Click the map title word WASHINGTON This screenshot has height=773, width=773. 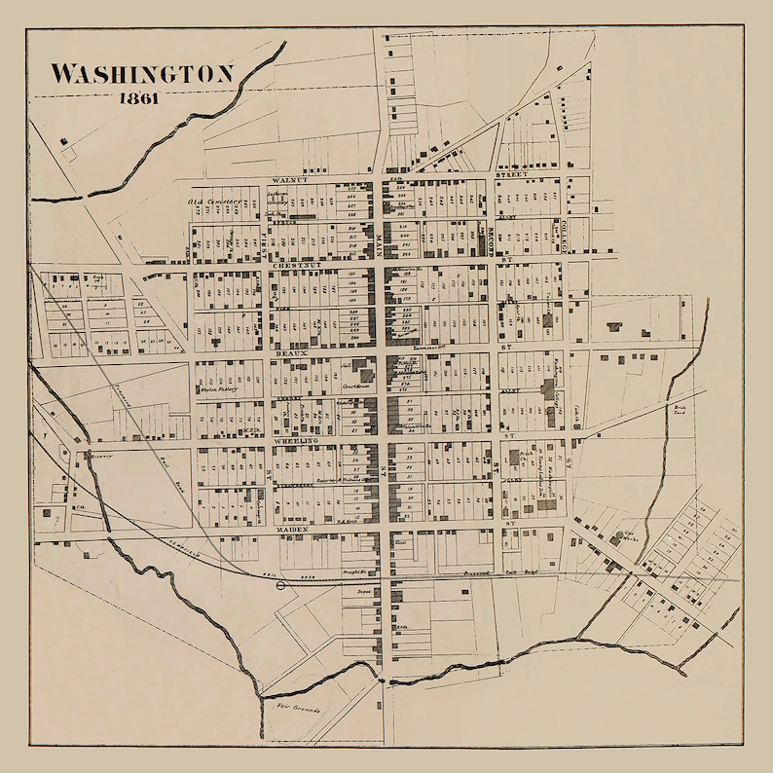point(142,74)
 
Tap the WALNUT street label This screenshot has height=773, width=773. point(290,180)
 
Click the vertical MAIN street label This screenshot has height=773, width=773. point(381,243)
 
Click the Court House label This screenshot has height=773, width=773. point(362,383)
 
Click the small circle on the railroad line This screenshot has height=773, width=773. point(282,585)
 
